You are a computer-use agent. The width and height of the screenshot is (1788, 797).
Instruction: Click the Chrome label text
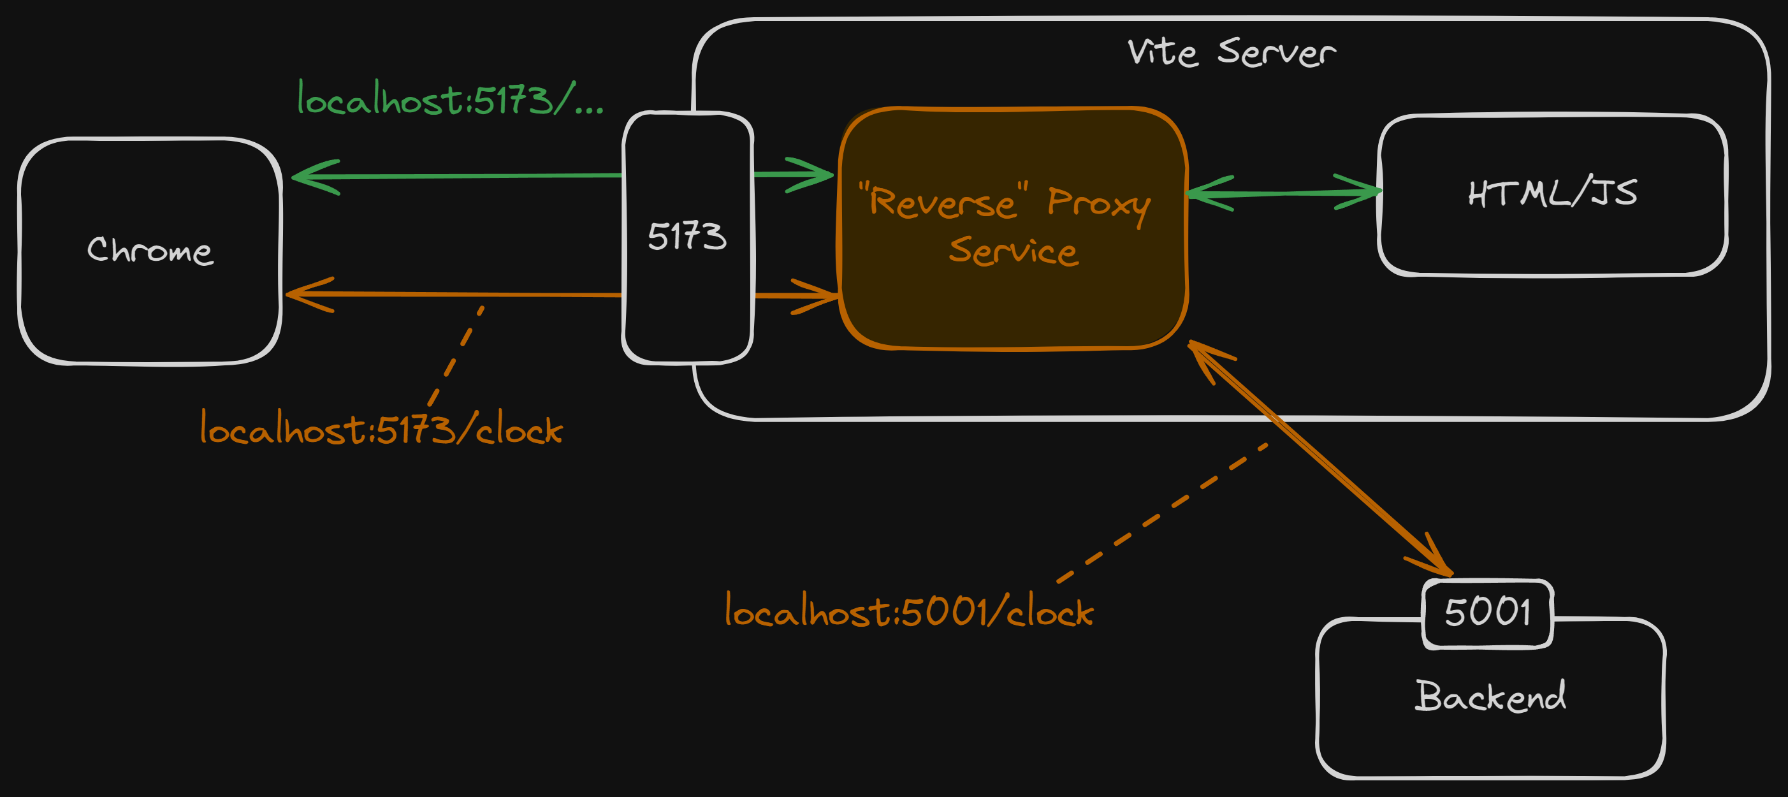[150, 250]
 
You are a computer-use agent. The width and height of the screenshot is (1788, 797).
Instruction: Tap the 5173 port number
[687, 236]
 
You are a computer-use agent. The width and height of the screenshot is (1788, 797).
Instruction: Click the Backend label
[1490, 696]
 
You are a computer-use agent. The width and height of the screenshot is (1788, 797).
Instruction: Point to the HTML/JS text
[1552, 193]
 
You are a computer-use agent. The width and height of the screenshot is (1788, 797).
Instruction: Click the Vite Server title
[1231, 53]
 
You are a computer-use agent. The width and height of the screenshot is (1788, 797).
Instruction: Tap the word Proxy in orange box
[1098, 203]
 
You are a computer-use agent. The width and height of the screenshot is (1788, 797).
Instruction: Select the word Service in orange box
[1014, 251]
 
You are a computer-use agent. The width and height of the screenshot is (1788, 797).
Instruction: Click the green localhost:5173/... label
[450, 99]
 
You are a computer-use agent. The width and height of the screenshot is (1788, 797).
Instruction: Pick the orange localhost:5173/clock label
[381, 428]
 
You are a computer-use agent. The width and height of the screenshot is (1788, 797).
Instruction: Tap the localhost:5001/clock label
[908, 611]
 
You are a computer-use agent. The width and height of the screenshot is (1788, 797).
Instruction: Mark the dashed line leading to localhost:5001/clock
[1163, 513]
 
